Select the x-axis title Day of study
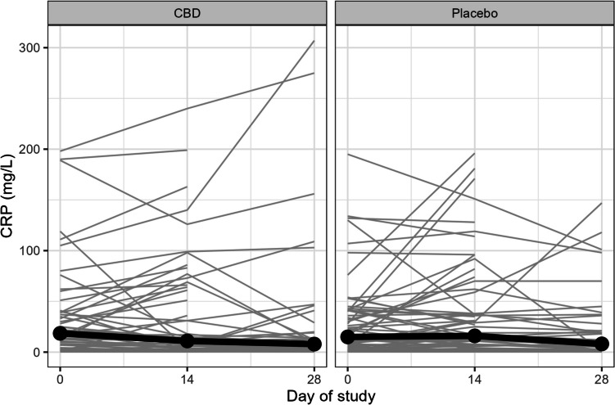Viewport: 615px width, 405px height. pyautogui.click(x=332, y=396)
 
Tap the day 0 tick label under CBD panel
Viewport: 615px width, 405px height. pyautogui.click(x=60, y=378)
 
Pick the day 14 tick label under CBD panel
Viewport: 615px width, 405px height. pyautogui.click(x=188, y=378)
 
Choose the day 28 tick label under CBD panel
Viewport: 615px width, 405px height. pyautogui.click(x=315, y=378)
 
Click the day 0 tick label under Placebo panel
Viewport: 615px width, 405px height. pyautogui.click(x=347, y=378)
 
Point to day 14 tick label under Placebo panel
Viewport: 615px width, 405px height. pyautogui.click(x=475, y=378)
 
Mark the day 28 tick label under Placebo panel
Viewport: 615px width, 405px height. pyautogui.click(x=602, y=378)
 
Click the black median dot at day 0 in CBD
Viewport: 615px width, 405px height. pyautogui.click(x=60, y=333)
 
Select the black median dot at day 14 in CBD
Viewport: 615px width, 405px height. pyautogui.click(x=188, y=340)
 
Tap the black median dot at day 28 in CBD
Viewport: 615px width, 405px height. pyautogui.click(x=315, y=344)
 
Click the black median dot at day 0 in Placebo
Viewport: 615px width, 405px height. pyautogui.click(x=347, y=336)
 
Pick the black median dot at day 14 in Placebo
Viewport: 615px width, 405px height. pyautogui.click(x=475, y=335)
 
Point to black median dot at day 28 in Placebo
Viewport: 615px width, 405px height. pyautogui.click(x=602, y=344)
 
